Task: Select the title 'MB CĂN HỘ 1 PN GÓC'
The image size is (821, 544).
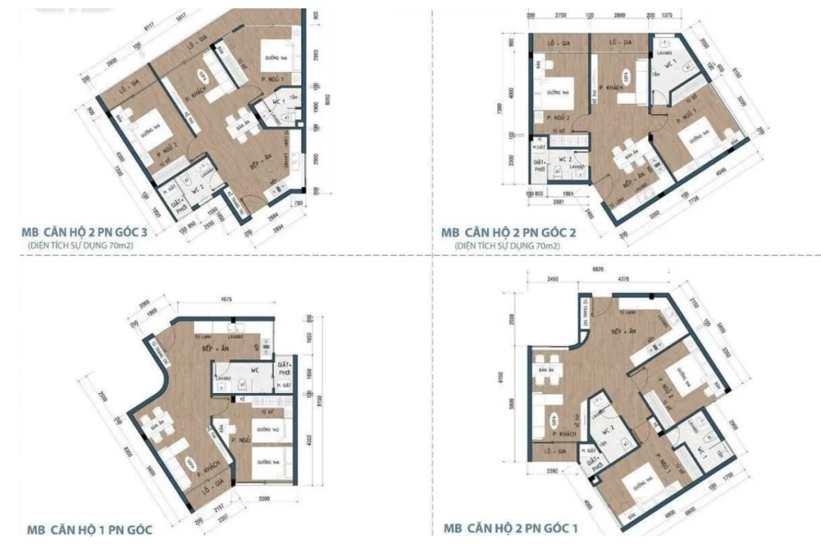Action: pyautogui.click(x=90, y=530)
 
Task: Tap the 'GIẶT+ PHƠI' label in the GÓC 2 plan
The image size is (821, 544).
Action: pyautogui.click(x=538, y=166)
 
